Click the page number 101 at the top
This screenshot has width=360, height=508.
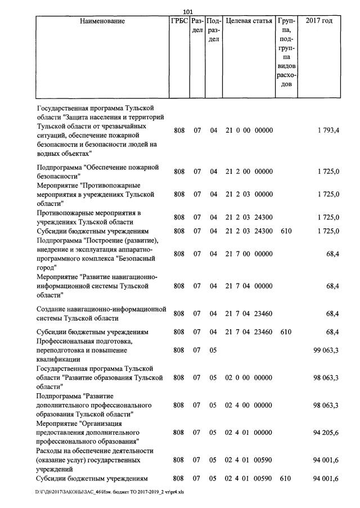pos(188,12)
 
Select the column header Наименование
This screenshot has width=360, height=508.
pos(102,21)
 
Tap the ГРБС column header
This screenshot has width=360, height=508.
pos(179,21)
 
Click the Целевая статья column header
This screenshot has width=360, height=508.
pos(249,21)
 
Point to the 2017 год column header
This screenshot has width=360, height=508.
pos(318,21)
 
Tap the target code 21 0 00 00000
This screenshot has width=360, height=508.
pos(249,131)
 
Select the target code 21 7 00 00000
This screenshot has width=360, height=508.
pos(249,254)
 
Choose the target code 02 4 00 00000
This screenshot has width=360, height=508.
pos(249,405)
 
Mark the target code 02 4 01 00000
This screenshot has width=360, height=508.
pos(249,433)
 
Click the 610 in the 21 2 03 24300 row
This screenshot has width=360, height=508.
pos(286,231)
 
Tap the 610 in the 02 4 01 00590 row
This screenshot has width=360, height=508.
pos(286,479)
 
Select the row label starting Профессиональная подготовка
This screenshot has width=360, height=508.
pos(84,350)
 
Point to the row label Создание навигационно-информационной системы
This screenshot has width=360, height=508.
pos(101,313)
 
